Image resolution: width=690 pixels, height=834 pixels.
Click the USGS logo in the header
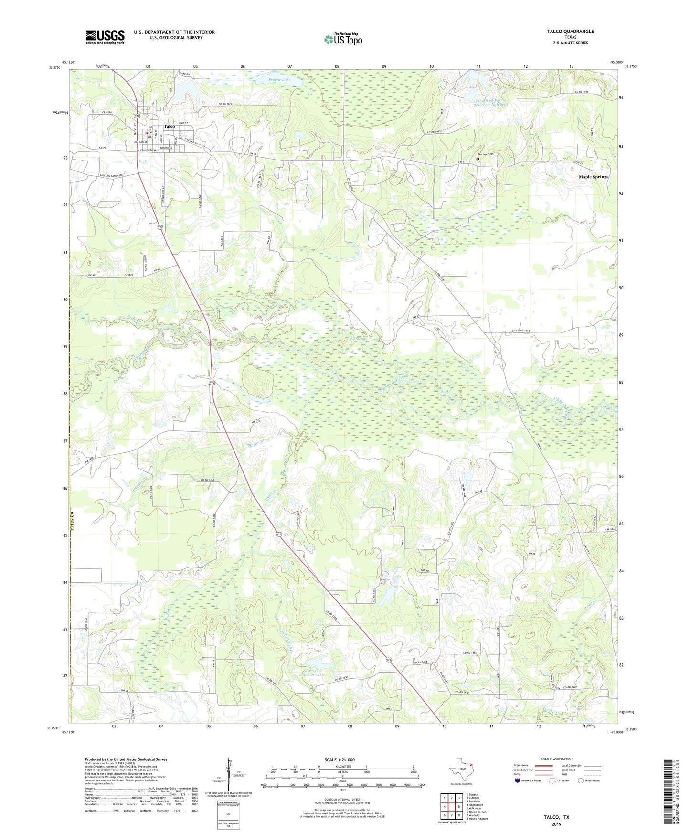(105, 37)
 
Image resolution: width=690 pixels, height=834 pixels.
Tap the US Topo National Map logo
(343, 39)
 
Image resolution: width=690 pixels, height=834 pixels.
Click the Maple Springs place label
(594, 177)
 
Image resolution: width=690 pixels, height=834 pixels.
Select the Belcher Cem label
(485, 154)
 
